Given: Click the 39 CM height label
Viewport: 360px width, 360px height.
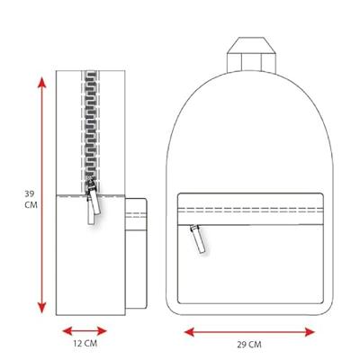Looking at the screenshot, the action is click(31, 199).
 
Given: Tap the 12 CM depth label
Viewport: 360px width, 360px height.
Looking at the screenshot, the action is click(85, 344).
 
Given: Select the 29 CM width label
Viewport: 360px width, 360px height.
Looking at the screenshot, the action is click(249, 345).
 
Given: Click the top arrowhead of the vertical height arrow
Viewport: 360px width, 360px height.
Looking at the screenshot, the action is click(42, 83).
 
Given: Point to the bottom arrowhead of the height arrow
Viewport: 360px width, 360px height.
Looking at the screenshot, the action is click(42, 308).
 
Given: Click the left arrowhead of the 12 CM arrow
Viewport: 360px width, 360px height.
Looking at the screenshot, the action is click(68, 331).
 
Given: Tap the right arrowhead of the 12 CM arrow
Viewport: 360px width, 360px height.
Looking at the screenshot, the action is click(101, 331).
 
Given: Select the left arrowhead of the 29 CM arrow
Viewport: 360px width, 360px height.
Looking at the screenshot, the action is click(190, 332).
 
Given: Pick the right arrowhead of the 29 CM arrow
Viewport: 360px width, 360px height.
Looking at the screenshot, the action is click(309, 332).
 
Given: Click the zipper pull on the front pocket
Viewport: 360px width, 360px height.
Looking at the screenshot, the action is click(198, 239).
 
